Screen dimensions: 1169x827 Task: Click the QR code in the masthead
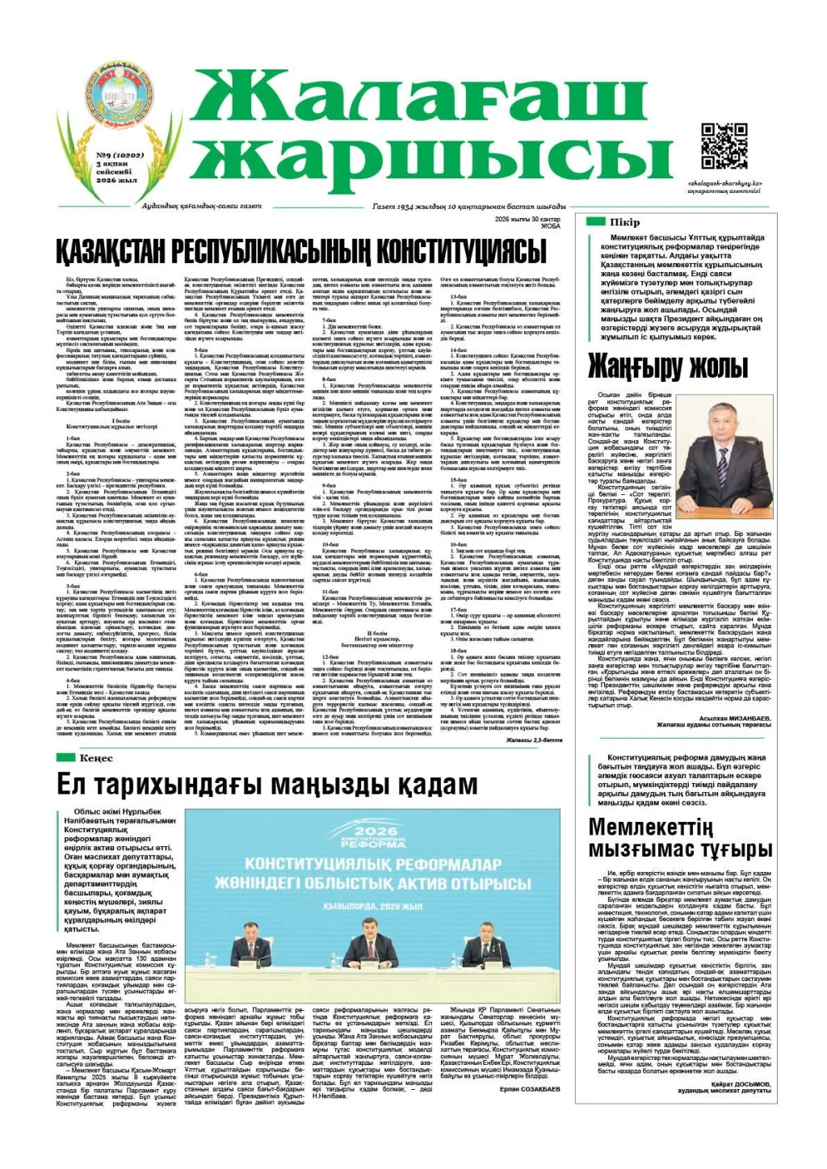[x=724, y=145]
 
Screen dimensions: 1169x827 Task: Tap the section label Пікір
[x=625, y=222]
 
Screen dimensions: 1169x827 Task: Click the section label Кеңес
[x=96, y=757]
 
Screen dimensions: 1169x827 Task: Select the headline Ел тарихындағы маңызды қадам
[x=267, y=786]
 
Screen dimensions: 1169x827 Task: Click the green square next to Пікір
[x=595, y=222]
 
